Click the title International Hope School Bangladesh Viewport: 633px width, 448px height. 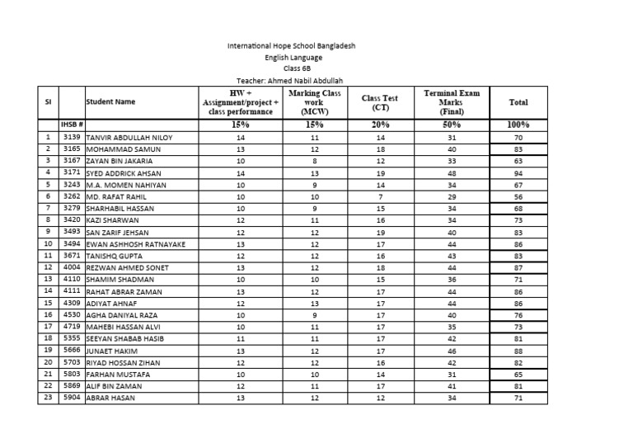[x=291, y=47]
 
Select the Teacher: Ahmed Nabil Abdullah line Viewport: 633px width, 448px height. [x=290, y=80]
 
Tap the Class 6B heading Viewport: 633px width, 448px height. [x=292, y=69]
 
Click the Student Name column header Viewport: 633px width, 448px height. [x=110, y=102]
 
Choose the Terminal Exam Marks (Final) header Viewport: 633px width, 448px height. [x=451, y=102]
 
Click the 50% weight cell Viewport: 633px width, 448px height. [x=451, y=125]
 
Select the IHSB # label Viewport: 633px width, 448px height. [x=73, y=125]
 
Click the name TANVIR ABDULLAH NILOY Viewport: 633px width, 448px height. [x=129, y=138]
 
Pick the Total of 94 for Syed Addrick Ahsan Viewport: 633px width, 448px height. [x=518, y=174]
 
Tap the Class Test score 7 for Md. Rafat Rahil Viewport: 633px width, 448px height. [x=380, y=198]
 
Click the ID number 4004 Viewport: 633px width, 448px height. [x=73, y=268]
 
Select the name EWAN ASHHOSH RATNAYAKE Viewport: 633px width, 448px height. [x=135, y=245]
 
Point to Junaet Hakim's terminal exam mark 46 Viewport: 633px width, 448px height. [x=451, y=351]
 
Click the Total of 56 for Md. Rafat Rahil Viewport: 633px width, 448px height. [x=518, y=198]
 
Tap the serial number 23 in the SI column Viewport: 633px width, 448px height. [x=49, y=398]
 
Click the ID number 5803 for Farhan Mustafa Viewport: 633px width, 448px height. [x=73, y=374]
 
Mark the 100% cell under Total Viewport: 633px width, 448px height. [x=518, y=125]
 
